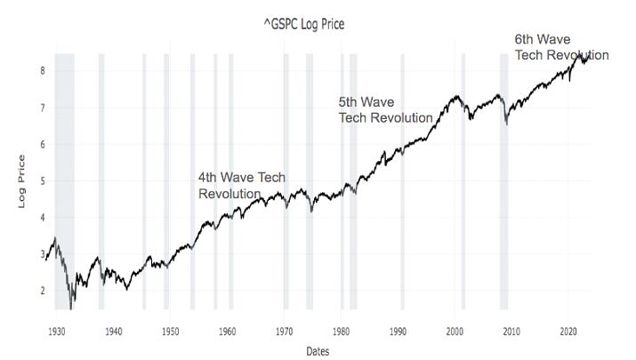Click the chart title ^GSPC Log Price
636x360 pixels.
click(304, 24)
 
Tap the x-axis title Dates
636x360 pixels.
click(317, 351)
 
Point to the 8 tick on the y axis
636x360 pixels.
click(43, 70)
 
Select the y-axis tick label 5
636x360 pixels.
click(43, 180)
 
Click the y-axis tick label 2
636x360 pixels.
click(43, 291)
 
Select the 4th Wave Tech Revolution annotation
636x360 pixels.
click(241, 186)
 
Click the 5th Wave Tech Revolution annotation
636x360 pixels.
click(385, 109)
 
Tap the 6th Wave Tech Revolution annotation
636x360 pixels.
click(561, 47)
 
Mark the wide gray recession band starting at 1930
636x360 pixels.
click(64, 178)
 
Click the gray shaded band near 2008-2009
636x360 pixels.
click(503, 178)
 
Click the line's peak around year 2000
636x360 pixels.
click(456, 96)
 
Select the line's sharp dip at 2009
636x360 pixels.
click(506, 124)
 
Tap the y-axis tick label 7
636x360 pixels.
click(43, 108)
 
